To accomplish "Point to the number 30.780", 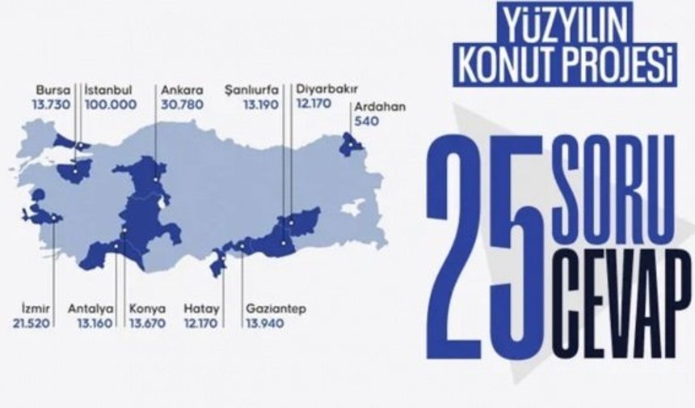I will pos(177,104).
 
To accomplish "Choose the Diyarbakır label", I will pos(327,90).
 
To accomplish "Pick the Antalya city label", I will pos(86,308).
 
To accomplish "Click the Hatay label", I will pos(199,308).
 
